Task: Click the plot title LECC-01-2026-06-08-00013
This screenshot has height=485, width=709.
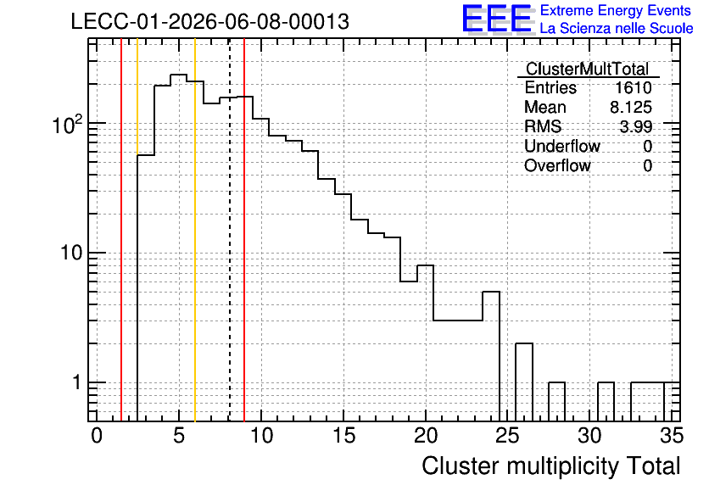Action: coord(209,22)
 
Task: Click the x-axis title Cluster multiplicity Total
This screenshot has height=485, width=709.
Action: coord(551,466)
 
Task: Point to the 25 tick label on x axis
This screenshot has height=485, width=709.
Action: coord(507,436)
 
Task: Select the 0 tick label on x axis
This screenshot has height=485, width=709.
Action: coord(97,436)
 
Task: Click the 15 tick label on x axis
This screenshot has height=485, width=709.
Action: coord(343,436)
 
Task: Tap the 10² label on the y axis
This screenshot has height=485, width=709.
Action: coord(68,124)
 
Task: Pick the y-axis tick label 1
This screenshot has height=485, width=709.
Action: coord(76,382)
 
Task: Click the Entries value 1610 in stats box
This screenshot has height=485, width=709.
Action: coord(633,87)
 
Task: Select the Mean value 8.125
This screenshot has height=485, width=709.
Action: coord(631,107)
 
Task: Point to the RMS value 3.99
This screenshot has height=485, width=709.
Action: coord(636,126)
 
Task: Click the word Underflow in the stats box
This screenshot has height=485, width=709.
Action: coord(562,146)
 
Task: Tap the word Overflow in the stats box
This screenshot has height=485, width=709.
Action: coord(557,165)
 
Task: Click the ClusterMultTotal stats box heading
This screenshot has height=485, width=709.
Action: coord(588,69)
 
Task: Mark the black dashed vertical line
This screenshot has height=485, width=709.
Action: coord(230,230)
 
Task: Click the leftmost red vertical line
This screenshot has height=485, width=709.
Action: coord(121,230)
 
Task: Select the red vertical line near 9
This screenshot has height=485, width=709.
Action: coord(244,230)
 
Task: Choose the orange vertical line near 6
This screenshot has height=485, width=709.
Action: coord(195,230)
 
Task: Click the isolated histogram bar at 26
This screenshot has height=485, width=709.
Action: coord(524,382)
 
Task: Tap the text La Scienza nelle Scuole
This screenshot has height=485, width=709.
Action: coord(617,28)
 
